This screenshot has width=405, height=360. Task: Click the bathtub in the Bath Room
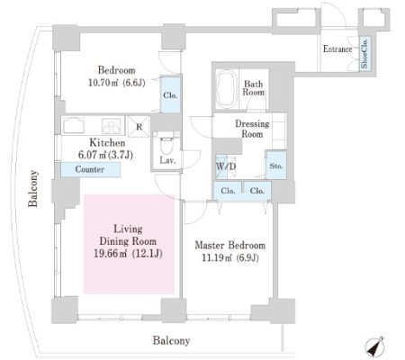point(227,89)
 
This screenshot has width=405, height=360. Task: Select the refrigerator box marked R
point(139,126)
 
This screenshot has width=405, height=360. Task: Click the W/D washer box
point(226,166)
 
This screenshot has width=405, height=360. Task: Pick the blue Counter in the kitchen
point(91,169)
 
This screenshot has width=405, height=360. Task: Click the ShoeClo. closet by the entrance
point(364,54)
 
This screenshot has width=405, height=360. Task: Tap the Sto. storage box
point(276,166)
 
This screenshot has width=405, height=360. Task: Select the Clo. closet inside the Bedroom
point(170,94)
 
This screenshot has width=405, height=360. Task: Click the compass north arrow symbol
point(375,346)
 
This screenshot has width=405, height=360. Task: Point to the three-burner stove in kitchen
point(112,126)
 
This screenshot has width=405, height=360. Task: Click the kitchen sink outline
point(74,125)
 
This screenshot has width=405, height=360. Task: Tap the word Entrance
point(337,49)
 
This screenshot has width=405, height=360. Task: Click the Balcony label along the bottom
point(171,340)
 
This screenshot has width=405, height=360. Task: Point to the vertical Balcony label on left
point(33,188)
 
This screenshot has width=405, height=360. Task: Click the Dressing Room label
point(252,129)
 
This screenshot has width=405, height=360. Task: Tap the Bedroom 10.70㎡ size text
point(100,82)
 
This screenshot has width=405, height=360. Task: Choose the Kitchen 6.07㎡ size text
point(93,155)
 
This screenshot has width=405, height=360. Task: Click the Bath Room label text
point(253,88)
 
